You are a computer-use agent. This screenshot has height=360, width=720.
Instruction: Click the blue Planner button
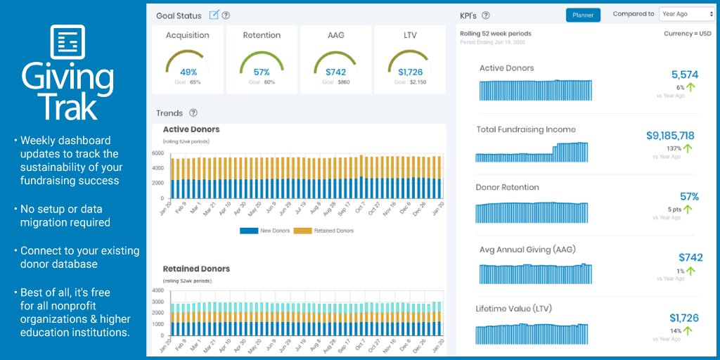point(583,15)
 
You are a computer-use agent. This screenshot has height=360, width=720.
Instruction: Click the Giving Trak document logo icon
point(67,42)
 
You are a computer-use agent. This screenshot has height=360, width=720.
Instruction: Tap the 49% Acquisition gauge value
point(188,72)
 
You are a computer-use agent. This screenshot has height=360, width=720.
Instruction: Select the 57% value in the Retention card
point(262,72)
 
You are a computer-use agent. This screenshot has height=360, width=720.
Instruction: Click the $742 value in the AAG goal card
point(336,72)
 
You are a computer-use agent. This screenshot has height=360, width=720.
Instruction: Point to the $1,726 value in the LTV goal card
point(410,72)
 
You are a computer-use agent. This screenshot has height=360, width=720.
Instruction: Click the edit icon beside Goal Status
point(214,15)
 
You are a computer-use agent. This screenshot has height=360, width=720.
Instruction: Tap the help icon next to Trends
point(193,112)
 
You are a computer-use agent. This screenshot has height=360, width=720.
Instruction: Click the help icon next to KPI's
point(486,15)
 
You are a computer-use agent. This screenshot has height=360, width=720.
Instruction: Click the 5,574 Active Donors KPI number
point(684,75)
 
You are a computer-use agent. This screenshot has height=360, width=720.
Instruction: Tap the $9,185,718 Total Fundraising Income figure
point(670,136)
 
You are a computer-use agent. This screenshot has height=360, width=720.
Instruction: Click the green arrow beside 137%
point(688,148)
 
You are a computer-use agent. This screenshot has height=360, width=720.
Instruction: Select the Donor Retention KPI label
point(507,188)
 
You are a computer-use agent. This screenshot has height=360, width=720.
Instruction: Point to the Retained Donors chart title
point(196,269)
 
